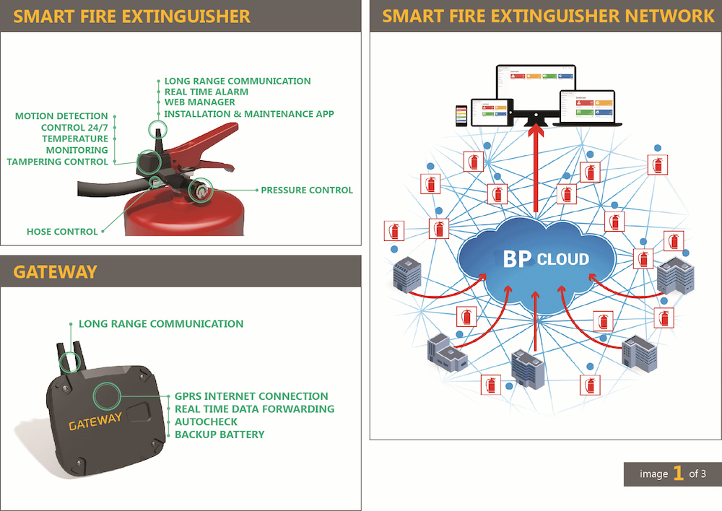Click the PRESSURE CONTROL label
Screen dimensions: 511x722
click(307, 191)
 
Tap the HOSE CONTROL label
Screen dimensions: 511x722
click(62, 232)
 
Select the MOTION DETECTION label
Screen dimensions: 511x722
click(61, 116)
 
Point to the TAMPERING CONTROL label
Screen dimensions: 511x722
click(58, 162)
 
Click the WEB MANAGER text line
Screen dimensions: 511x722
click(200, 103)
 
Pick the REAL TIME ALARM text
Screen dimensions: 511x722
click(206, 92)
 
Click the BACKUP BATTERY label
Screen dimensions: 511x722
click(219, 434)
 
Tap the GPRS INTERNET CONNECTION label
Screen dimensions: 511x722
click(251, 396)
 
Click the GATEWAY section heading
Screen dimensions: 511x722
click(55, 272)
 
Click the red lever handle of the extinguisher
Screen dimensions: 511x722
click(209, 138)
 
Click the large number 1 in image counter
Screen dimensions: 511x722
click(678, 473)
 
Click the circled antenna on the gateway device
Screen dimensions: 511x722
click(69, 361)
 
